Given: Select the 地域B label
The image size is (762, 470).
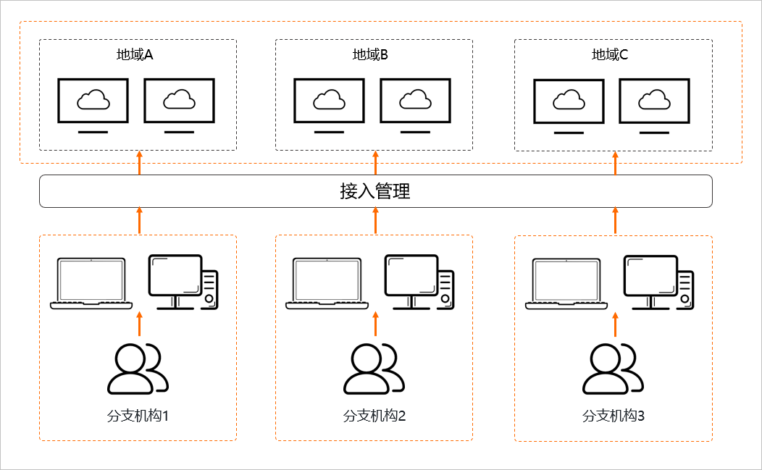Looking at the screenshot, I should click(x=371, y=55).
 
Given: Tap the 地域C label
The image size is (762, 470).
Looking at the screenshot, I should click(x=610, y=55).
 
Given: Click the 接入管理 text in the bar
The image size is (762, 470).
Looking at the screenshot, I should click(x=375, y=191).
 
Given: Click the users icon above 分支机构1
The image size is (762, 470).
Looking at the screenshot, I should click(x=138, y=369).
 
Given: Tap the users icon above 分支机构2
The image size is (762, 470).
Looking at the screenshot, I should click(x=374, y=369).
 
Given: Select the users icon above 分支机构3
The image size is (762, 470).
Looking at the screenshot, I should click(x=613, y=369).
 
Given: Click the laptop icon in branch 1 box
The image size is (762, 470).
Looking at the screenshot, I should click(x=91, y=283).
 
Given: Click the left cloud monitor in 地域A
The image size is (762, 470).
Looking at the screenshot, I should click(x=93, y=105).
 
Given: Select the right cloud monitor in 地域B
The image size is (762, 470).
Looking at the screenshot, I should click(x=415, y=105).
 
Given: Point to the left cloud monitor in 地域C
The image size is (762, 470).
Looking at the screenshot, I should click(x=569, y=106).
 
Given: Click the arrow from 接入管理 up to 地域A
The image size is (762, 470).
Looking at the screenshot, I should click(x=139, y=163).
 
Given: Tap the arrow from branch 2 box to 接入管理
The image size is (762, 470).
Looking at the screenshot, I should click(x=375, y=220).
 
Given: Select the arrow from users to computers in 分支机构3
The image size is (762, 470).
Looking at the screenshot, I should click(x=615, y=324).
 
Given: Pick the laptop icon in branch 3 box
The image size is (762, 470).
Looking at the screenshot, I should click(x=567, y=283).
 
